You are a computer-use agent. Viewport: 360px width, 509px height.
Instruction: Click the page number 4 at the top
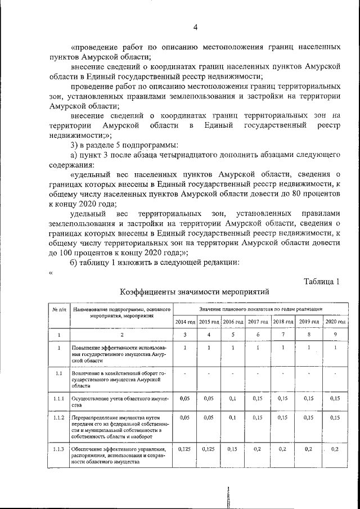[195, 27]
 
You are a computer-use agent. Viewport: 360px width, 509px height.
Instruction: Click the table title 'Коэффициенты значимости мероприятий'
[195, 292]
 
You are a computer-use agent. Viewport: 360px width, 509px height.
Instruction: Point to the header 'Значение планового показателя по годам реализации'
[260, 309]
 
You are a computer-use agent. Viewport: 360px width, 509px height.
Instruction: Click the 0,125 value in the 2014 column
[184, 449]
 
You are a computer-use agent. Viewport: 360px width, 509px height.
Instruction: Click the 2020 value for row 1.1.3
[335, 449]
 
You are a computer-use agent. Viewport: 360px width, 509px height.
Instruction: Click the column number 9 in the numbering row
[335, 335]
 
